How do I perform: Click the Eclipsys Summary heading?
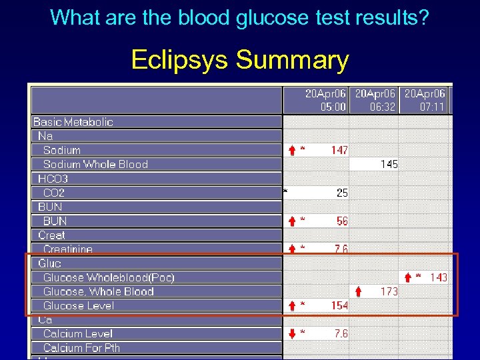[x=240, y=60]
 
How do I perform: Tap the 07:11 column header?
[x=424, y=101]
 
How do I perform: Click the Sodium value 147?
[x=339, y=150]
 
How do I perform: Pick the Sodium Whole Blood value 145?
[x=389, y=164]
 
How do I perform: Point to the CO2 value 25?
[x=341, y=193]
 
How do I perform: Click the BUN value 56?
[x=341, y=221]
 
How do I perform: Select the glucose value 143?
[x=438, y=277]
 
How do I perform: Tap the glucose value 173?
[x=389, y=291]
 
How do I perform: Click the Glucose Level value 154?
[x=339, y=305]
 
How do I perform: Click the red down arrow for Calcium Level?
[x=291, y=333]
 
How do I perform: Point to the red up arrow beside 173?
[x=359, y=291]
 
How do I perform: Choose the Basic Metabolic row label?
[x=73, y=122]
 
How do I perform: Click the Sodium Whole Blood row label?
[x=95, y=164]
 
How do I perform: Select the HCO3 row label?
[x=53, y=179]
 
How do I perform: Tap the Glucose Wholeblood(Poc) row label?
[x=109, y=277]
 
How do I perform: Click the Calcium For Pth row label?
[x=82, y=348]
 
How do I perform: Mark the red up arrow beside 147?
[x=291, y=150]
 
